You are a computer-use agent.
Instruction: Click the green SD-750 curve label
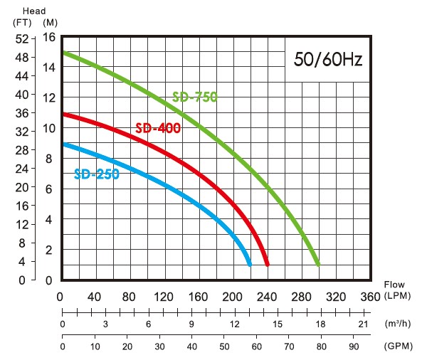(x=194, y=97)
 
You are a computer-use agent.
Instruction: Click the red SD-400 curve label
(x=157, y=128)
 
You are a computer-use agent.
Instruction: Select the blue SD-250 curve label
(x=96, y=174)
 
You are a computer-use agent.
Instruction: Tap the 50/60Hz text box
(x=328, y=59)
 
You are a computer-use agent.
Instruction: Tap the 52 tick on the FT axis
(x=21, y=38)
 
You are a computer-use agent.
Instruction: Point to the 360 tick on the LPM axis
(x=370, y=295)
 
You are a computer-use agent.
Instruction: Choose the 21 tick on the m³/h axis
(x=362, y=324)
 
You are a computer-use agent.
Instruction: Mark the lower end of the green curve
(x=317, y=263)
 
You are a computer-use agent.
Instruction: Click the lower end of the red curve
(x=267, y=263)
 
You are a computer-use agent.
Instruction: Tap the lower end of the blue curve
(x=249, y=263)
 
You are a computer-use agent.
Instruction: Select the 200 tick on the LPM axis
(x=232, y=295)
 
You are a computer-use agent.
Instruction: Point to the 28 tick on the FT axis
(x=21, y=150)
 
